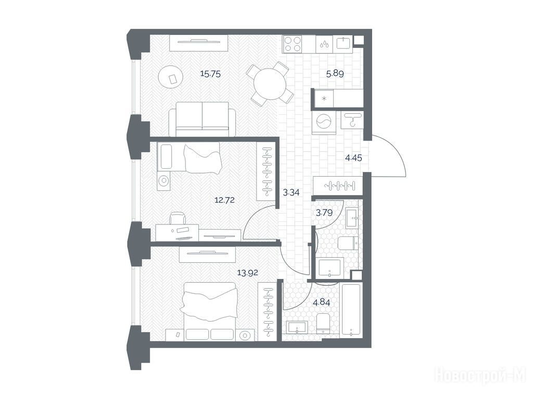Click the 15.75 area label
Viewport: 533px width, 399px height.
tap(210, 74)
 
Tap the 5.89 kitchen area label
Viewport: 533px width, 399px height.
tap(335, 74)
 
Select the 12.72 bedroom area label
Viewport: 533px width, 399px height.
tap(224, 200)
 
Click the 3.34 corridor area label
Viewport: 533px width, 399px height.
tap(291, 193)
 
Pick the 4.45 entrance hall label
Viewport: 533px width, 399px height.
tap(353, 158)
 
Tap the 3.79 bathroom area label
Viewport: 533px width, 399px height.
tap(324, 212)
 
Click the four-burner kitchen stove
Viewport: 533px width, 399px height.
tap(293, 45)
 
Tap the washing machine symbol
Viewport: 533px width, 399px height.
tap(323, 123)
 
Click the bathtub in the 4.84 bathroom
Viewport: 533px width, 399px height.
tap(351, 311)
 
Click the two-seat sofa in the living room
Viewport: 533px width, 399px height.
tap(202, 119)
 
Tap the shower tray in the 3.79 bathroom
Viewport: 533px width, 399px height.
tap(329, 268)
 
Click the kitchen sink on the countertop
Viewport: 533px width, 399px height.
tap(344, 44)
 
